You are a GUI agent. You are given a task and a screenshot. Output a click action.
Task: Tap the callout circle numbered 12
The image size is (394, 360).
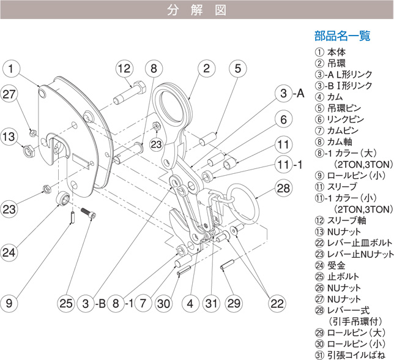pos(124,68)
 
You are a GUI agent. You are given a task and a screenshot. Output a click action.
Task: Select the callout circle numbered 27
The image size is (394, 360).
pos(9,94)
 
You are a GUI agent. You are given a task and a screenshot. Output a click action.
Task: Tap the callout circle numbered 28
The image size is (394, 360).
pos(283,188)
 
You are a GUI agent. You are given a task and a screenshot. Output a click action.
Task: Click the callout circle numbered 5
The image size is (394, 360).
pos(238,68)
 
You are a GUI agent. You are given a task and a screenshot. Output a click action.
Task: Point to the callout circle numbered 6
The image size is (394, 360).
pos(283,119)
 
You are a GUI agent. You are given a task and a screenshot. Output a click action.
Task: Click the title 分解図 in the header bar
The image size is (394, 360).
pos(196,10)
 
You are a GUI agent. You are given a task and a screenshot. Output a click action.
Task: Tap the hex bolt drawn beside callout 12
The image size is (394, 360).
pos(130,96)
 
